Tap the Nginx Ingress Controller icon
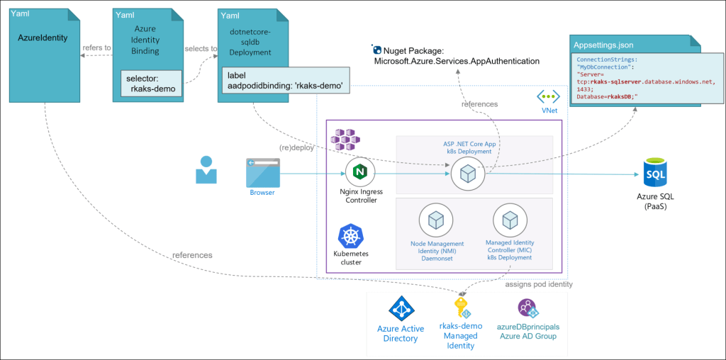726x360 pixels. [359, 172]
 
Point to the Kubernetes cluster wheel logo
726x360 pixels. [347, 237]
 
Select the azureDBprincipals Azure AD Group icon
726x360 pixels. [528, 308]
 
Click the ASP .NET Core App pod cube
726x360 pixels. [467, 171]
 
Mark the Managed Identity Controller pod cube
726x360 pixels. [508, 222]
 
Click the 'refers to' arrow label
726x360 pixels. [96, 48]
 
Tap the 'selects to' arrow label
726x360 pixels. [201, 48]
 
